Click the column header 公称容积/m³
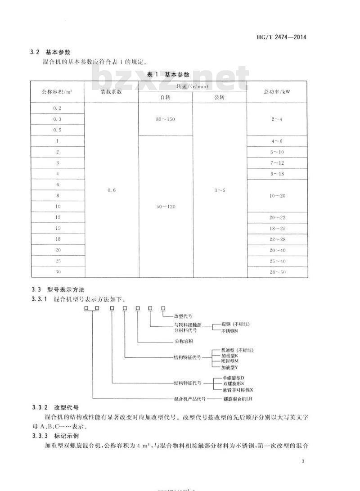(57, 91)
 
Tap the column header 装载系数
(111, 91)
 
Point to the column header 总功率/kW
(277, 91)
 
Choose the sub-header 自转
(165, 97)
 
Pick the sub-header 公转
(219, 97)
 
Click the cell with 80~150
(165, 119)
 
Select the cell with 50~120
(165, 206)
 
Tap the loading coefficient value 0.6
(111, 190)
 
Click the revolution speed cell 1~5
(219, 190)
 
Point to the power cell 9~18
(277, 174)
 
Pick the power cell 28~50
(277, 272)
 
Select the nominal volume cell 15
(57, 228)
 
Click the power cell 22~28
(277, 239)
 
